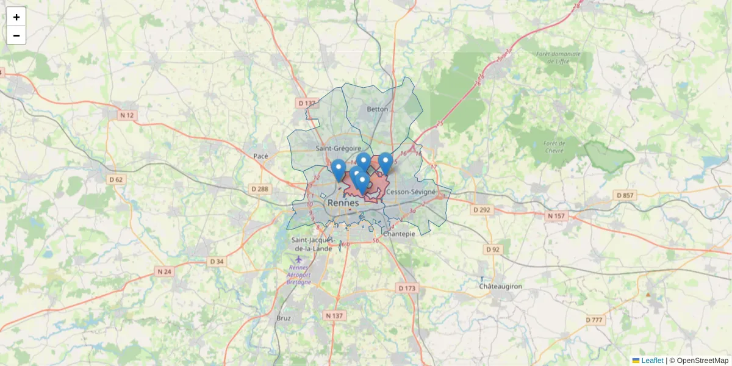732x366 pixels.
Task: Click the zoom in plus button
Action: pyautogui.click(x=16, y=17)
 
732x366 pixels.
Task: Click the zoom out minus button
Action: pyautogui.click(x=16, y=35)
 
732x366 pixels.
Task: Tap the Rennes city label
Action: pyautogui.click(x=343, y=203)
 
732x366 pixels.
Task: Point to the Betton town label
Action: pyautogui.click(x=377, y=109)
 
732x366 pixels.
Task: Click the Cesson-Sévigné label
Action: pyautogui.click(x=411, y=192)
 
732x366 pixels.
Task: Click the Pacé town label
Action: pyautogui.click(x=260, y=156)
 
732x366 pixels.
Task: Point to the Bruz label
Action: pyautogui.click(x=284, y=318)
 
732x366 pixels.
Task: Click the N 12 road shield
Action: pyautogui.click(x=127, y=115)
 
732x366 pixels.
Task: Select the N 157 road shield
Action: pyautogui.click(x=556, y=216)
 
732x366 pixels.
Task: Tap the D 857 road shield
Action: pyautogui.click(x=625, y=195)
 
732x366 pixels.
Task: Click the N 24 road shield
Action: pyautogui.click(x=164, y=271)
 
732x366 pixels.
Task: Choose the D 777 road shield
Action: pyautogui.click(x=594, y=320)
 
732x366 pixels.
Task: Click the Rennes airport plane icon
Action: pyautogui.click(x=298, y=259)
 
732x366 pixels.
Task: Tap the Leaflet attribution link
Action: pyautogui.click(x=652, y=361)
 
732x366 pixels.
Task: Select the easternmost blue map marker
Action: pyautogui.click(x=386, y=163)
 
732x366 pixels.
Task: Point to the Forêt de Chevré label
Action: pyautogui.click(x=554, y=146)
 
